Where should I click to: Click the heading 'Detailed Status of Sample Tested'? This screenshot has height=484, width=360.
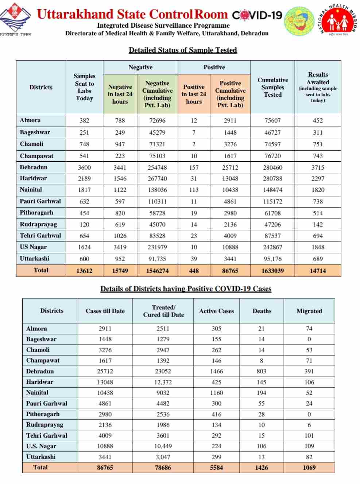coord(183,50)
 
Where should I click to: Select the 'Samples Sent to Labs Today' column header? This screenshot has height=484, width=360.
coord(84,87)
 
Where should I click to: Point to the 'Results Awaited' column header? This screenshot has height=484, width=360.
coord(318,87)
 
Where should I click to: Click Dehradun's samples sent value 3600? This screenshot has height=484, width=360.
coord(84,167)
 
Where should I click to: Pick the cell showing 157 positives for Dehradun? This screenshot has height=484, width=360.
coord(194,167)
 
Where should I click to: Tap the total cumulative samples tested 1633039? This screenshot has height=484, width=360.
coord(272,271)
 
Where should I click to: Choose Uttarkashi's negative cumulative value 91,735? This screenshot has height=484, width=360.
coord(157,259)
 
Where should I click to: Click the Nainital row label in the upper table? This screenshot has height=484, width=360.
coord(31,190)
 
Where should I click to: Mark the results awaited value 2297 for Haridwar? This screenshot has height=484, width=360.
coord(318,178)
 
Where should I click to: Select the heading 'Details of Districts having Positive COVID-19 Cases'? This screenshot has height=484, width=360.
coord(186,289)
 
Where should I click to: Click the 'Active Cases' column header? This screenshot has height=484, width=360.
coord(216,311)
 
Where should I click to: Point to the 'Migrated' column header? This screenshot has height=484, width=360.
coord(309,311)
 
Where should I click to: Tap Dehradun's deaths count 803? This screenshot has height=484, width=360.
coord(262,371)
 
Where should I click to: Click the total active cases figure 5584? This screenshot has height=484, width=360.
coord(216,468)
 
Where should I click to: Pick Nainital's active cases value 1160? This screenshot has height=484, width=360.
coord(216,393)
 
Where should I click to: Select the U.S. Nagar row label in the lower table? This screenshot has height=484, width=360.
coord(41,446)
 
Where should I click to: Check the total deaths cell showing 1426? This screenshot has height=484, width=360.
coord(262,468)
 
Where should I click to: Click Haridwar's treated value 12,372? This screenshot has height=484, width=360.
coord(163,382)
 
